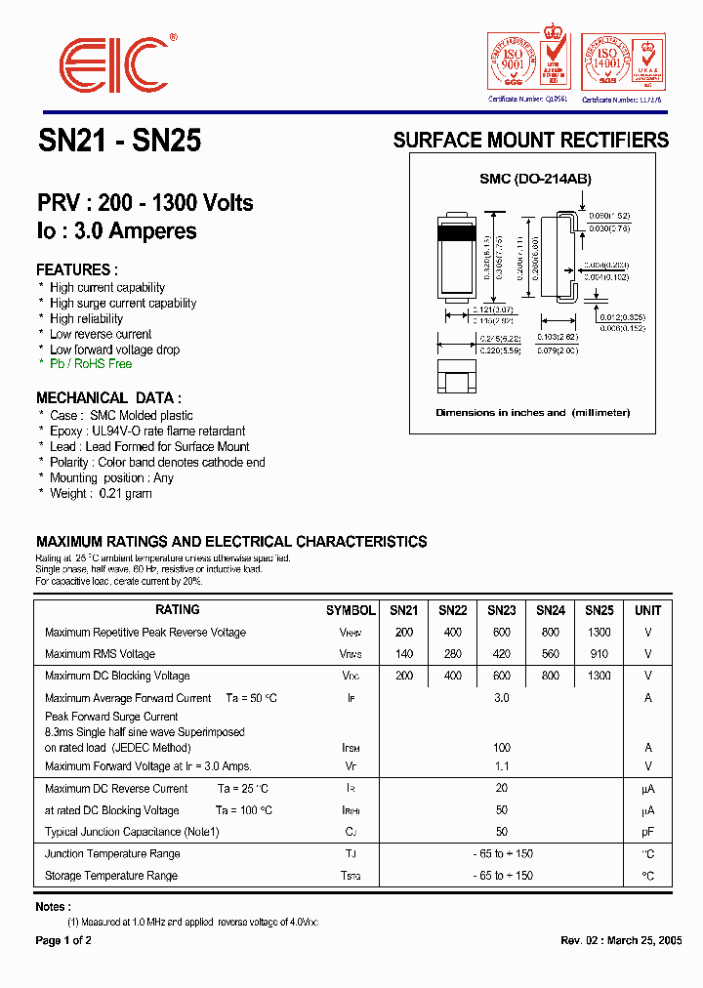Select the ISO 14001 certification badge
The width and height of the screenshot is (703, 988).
pos(621,62)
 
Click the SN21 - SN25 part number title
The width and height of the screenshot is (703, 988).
pos(120,142)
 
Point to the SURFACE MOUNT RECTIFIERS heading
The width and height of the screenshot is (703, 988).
pos(530,141)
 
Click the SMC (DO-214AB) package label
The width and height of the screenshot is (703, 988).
pos(535,180)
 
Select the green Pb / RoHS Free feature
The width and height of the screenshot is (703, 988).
pos(91,364)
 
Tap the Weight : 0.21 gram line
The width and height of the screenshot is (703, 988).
pos(101,494)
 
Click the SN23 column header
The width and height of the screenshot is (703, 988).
pos(501,610)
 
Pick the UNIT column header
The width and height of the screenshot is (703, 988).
pos(647,610)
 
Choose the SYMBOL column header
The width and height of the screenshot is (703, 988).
pos(351,610)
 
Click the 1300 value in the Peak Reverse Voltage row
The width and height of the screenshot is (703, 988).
pos(599,633)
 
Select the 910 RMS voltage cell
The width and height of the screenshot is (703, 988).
pos(599,654)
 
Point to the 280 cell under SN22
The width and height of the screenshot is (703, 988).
pos(452,654)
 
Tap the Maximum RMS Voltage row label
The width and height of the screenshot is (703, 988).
pos(100,654)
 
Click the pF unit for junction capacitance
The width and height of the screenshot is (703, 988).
pos(647,833)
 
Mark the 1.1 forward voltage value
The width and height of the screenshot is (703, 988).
pos(501,766)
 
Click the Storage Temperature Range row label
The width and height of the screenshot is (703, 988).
pos(111,876)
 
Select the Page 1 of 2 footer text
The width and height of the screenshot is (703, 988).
pos(63,941)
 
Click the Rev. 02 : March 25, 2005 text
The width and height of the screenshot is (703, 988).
pos(621,941)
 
